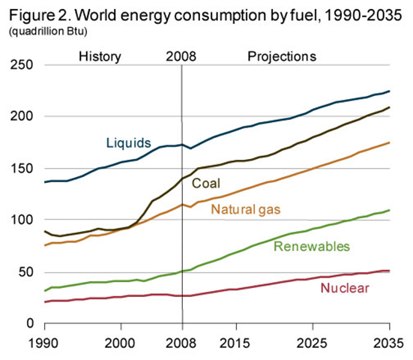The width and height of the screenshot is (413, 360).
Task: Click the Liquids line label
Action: click(x=129, y=142)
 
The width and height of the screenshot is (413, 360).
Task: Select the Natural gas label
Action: click(x=247, y=209)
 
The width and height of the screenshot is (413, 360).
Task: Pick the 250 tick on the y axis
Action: click(x=21, y=65)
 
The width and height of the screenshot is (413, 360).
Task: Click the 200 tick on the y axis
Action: click(x=21, y=117)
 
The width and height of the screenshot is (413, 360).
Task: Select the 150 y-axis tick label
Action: click(x=21, y=169)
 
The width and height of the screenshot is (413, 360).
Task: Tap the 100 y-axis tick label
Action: click(x=21, y=220)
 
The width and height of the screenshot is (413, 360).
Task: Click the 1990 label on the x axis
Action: click(x=45, y=342)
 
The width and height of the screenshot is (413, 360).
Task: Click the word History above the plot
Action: click(x=100, y=56)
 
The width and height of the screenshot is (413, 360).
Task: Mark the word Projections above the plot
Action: click(x=282, y=56)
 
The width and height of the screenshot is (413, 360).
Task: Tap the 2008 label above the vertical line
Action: click(x=181, y=56)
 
